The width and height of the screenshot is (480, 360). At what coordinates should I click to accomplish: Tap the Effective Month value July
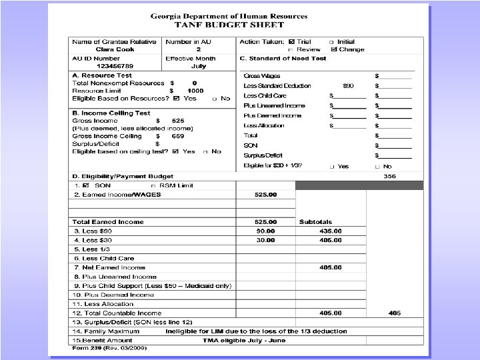(x=199, y=66)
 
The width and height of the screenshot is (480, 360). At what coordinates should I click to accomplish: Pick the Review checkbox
(x=291, y=49)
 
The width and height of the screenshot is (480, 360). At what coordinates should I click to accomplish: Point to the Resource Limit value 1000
(x=195, y=91)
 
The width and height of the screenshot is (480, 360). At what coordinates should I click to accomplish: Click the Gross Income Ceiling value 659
(x=177, y=136)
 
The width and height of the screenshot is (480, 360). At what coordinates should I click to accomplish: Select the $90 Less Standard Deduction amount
(x=348, y=86)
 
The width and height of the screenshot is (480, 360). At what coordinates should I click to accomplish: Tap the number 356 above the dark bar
(x=390, y=177)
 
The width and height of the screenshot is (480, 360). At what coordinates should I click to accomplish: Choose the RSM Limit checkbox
(x=154, y=185)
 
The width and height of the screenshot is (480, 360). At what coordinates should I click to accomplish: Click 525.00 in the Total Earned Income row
(x=265, y=222)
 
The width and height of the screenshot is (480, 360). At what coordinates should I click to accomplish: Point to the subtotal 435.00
(x=330, y=231)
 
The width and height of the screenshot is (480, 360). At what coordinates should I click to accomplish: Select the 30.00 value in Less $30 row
(x=265, y=240)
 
